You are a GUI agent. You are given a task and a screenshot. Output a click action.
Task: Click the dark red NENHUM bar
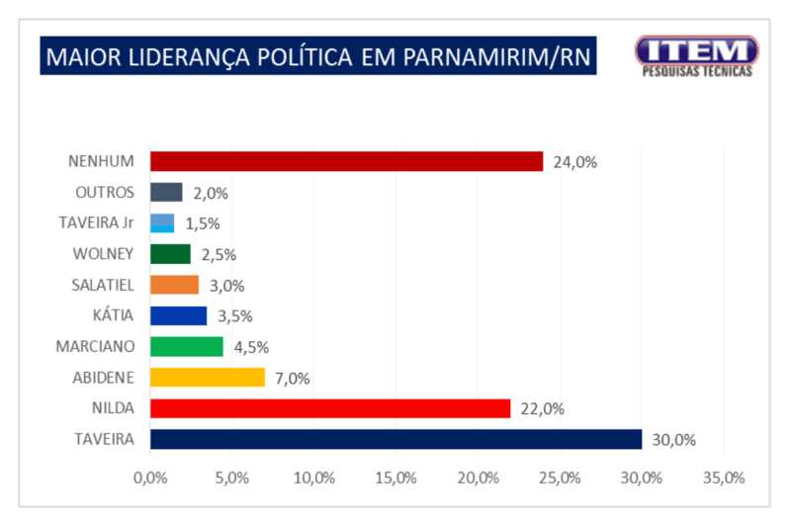point(346,161)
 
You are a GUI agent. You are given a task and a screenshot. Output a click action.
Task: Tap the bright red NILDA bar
point(330,407)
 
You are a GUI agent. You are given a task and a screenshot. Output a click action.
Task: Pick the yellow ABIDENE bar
point(208,377)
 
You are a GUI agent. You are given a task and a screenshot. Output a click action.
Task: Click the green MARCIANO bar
point(187,346)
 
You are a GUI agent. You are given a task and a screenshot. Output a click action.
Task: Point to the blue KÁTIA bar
point(179,315)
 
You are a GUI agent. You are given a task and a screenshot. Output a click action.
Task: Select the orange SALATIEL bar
point(175,285)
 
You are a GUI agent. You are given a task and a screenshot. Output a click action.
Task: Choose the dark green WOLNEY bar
point(170,254)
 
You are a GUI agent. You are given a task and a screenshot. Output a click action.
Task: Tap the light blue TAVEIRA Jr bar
point(162,223)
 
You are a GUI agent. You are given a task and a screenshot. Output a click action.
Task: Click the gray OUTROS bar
point(166,192)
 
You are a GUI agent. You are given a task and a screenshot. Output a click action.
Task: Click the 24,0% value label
point(574,162)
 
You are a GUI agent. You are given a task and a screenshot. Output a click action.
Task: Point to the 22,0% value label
point(542,408)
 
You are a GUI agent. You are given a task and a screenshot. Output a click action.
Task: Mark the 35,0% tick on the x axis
point(723,479)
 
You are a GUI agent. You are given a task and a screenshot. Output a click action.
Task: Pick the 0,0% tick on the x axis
point(150,479)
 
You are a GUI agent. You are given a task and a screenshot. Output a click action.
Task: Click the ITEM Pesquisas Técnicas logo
point(696,55)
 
